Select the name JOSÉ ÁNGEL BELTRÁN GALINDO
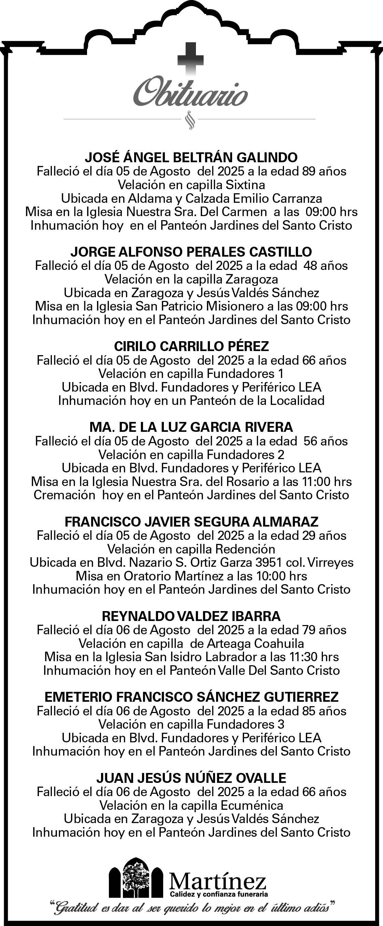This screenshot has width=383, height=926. [x=191, y=157]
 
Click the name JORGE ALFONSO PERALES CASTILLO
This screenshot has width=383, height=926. [x=191, y=252]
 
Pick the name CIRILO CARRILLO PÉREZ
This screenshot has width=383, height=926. [x=191, y=346]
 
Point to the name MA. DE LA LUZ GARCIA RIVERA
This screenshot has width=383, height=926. [x=191, y=427]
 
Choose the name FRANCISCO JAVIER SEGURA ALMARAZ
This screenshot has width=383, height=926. [x=191, y=521]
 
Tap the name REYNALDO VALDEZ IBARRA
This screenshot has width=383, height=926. [x=191, y=616]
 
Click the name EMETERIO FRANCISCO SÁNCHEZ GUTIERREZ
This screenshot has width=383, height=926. [x=191, y=697]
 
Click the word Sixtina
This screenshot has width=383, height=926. [x=245, y=185]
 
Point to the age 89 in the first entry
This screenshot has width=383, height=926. [x=309, y=171]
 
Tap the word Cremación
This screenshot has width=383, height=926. [x=65, y=495]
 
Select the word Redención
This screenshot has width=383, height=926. [x=245, y=549]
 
